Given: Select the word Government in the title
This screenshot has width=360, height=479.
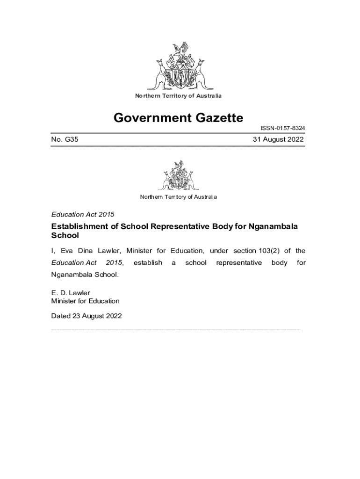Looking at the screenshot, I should pos(146,117).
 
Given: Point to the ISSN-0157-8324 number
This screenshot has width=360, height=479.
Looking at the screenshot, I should pos(283,128).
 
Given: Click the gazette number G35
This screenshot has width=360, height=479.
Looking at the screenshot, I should pos(65,139).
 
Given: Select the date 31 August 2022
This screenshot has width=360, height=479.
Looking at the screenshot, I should pos(278,139).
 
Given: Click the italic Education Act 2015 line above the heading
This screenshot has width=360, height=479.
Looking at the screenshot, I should pos(83,214).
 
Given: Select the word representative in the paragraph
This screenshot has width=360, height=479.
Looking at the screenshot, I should pos(239,263).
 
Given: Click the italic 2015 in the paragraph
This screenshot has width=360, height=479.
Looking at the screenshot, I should pos(114,263).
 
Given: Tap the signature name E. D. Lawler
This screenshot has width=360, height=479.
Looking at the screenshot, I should pos(71,293).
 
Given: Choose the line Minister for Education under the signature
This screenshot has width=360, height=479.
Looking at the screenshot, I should pos(85,301).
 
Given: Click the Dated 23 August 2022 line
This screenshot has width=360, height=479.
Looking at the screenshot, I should pos(86,316).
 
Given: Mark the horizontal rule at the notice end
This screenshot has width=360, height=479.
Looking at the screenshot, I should pos(175,329).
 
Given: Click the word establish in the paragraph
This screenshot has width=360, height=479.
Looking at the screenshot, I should pos(148,263).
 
